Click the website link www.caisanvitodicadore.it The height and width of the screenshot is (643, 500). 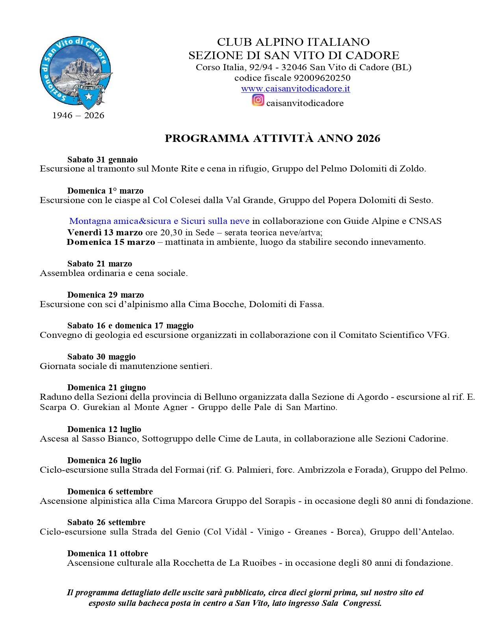pyautogui.click(x=295, y=89)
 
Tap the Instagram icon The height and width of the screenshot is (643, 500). pyautogui.click(x=258, y=100)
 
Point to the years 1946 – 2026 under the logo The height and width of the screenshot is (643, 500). pyautogui.click(x=78, y=116)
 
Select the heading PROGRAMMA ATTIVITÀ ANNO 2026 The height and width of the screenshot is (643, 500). pyautogui.click(x=272, y=138)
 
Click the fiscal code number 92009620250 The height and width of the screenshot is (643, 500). pyautogui.click(x=322, y=78)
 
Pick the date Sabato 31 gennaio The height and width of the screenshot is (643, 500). pyautogui.click(x=102, y=160)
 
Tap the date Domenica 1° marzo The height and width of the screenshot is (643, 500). pyautogui.click(x=105, y=191)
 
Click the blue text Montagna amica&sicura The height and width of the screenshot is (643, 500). pyautogui.click(x=120, y=221)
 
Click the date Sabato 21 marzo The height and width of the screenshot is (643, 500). pyautogui.click(x=100, y=264)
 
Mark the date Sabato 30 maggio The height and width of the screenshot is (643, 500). pyautogui.click(x=101, y=357)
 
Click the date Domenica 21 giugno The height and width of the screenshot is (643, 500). pyautogui.click(x=106, y=388)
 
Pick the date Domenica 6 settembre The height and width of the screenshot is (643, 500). pyautogui.click(x=110, y=492)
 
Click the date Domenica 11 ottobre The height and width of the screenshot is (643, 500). pyautogui.click(x=108, y=554)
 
